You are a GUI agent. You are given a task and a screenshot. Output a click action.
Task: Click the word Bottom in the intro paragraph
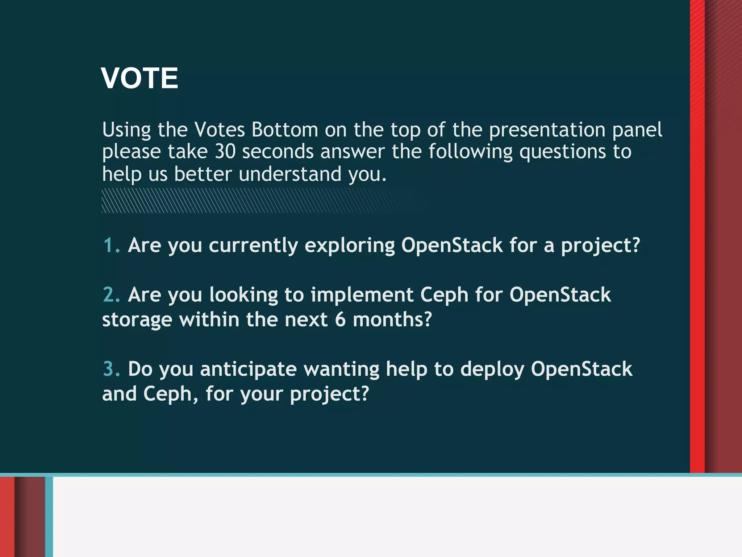tap(285, 129)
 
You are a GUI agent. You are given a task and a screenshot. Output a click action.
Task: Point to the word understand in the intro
tap(290, 174)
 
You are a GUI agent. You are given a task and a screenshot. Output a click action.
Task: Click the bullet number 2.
tap(111, 294)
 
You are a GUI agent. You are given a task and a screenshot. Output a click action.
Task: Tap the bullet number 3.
tap(111, 369)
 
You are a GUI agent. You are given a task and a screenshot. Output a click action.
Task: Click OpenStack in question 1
tap(452, 245)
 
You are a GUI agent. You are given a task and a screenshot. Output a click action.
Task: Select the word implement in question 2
tap(362, 295)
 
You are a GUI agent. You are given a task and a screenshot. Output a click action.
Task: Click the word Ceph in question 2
tap(444, 295)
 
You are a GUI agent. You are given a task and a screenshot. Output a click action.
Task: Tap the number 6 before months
tap(340, 320)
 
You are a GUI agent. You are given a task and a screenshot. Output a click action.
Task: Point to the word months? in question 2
tap(392, 320)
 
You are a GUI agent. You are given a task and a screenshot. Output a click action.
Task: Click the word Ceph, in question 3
tap(171, 394)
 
